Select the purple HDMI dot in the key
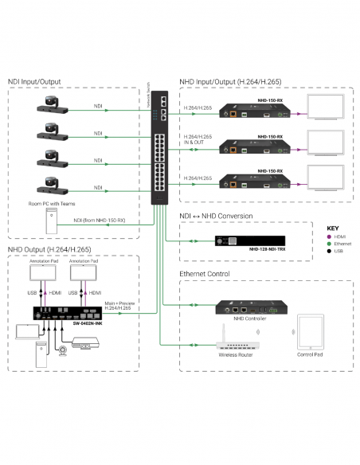(331, 235)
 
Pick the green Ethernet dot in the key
(331, 243)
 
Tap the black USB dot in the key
(331, 251)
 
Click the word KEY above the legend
(333, 226)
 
